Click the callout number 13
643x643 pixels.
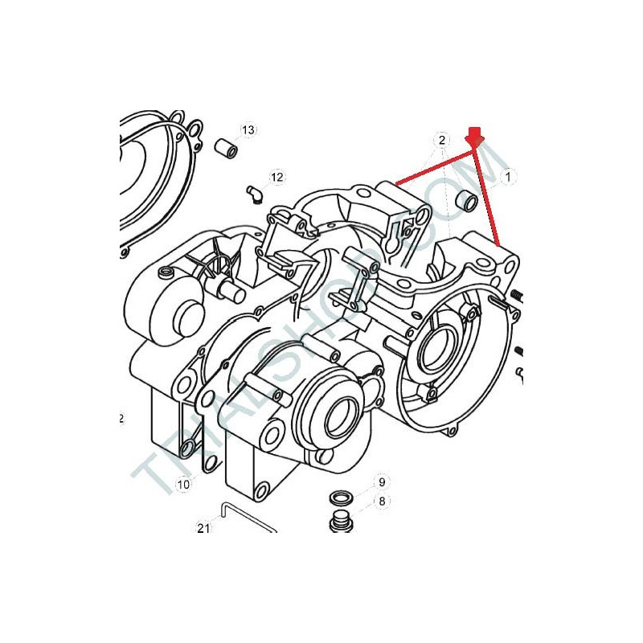pyautogui.click(x=248, y=130)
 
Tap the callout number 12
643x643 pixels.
pyautogui.click(x=276, y=177)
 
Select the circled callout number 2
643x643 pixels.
pyautogui.click(x=441, y=140)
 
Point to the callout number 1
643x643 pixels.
pyautogui.click(x=509, y=177)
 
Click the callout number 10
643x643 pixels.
pyautogui.click(x=183, y=485)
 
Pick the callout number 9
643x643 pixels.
pyautogui.click(x=382, y=481)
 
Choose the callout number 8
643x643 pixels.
pyautogui.click(x=383, y=501)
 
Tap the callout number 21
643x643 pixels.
pyautogui.click(x=204, y=528)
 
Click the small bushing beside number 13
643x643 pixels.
pyautogui.click(x=227, y=149)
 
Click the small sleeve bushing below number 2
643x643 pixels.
pyautogui.click(x=467, y=199)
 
